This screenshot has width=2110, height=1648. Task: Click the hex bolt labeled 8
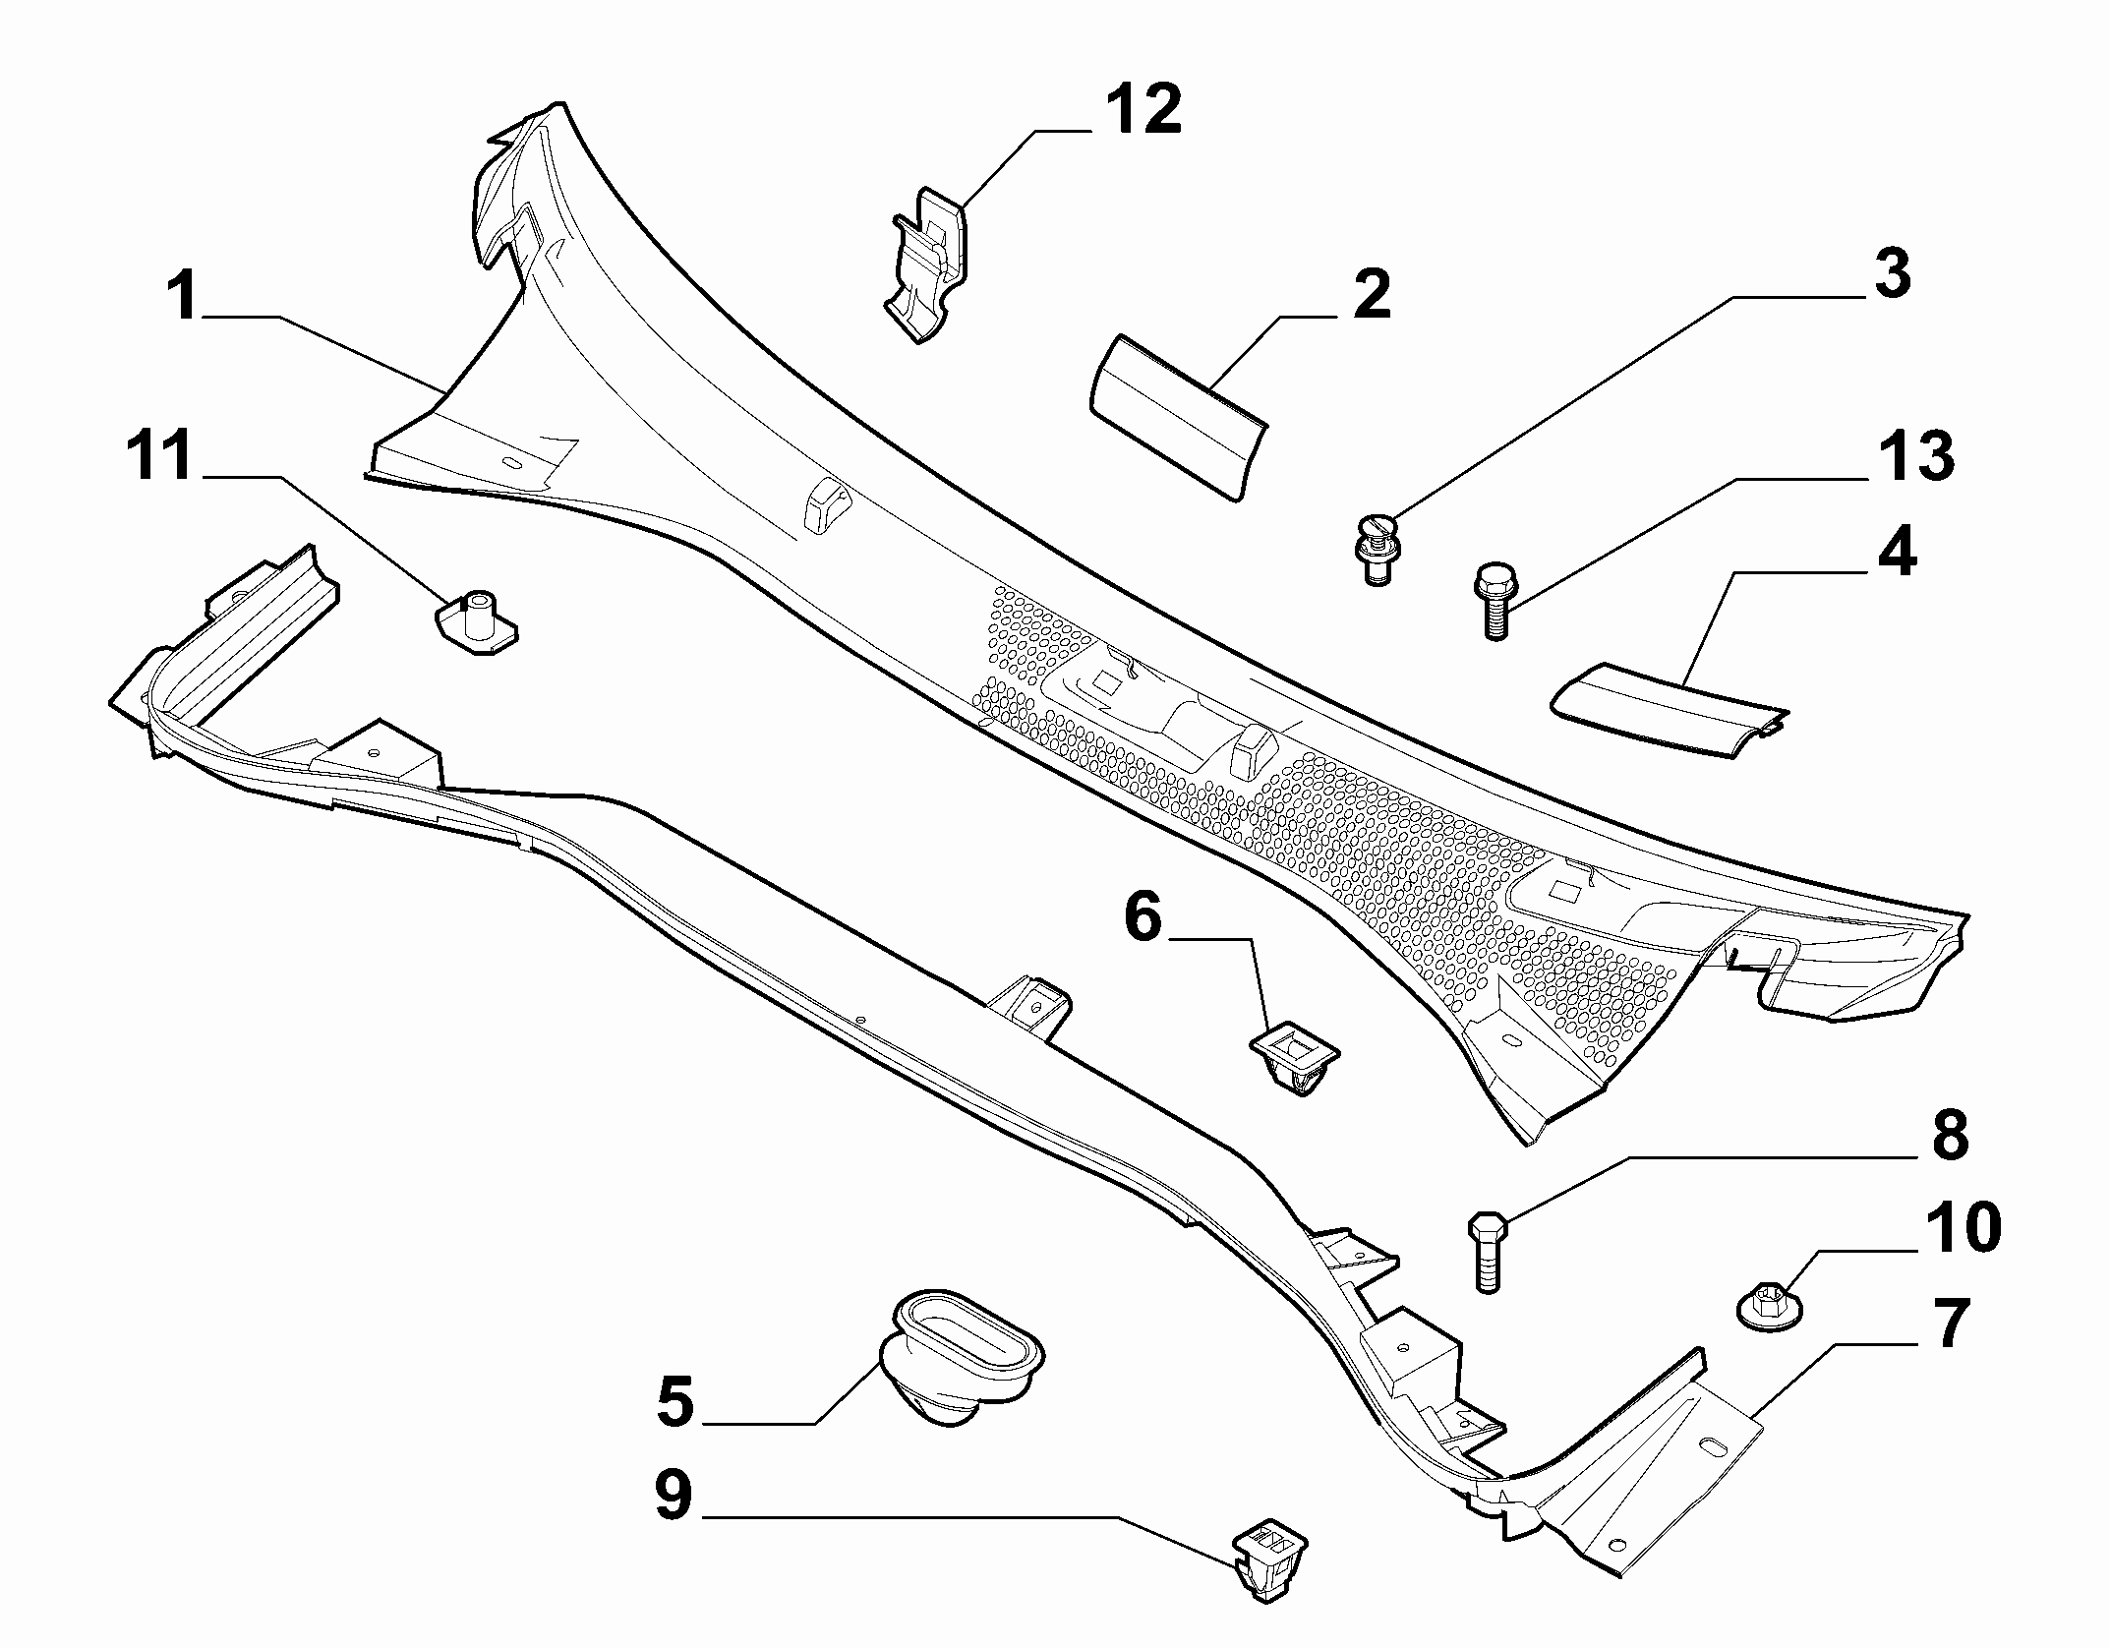(x=1486, y=1254)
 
